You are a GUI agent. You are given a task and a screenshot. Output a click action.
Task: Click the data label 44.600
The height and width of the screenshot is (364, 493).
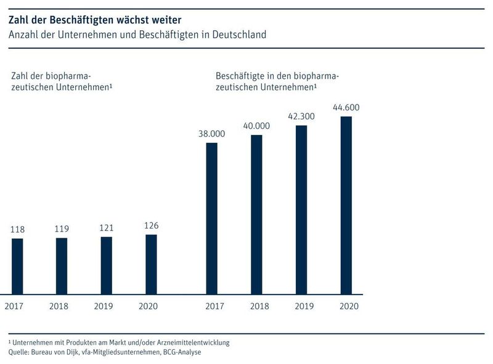coord(346,108)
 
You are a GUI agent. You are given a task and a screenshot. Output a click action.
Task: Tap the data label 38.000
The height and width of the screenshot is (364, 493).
coord(211,134)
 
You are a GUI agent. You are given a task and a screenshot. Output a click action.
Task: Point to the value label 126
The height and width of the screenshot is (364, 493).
coord(151,225)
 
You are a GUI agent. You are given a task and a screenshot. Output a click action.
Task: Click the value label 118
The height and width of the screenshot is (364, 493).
coord(17,230)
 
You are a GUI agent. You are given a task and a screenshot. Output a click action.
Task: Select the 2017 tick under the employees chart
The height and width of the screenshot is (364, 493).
coord(211,306)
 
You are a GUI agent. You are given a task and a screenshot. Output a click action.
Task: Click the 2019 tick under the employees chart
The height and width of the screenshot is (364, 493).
coord(301,306)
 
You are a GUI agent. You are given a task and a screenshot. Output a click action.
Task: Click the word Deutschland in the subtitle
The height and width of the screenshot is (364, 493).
coord(237,34)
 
